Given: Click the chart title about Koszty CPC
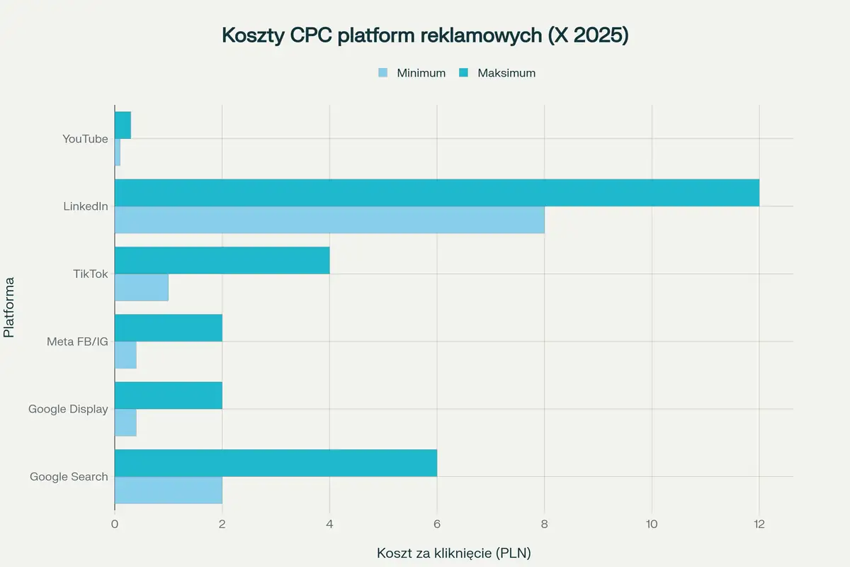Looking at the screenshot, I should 425,36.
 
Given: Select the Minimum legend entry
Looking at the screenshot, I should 412,73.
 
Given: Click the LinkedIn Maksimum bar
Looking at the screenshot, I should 436,193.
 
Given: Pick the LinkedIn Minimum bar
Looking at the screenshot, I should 329,220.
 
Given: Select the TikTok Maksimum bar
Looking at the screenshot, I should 222,260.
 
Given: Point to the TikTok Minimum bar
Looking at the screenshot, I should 142,287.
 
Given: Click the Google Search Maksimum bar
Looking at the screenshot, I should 276,463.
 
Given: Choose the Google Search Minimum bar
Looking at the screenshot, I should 169,490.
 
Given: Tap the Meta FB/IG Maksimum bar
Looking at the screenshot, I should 169,328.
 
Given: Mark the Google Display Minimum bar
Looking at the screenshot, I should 125,422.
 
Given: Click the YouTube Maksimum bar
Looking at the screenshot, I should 123,125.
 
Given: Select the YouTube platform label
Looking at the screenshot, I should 85,139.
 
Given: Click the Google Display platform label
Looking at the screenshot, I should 68,409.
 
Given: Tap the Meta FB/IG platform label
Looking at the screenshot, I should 77,342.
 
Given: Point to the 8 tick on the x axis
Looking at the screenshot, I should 544,524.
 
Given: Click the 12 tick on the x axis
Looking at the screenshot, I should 759,524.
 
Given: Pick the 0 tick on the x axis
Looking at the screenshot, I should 115,524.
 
